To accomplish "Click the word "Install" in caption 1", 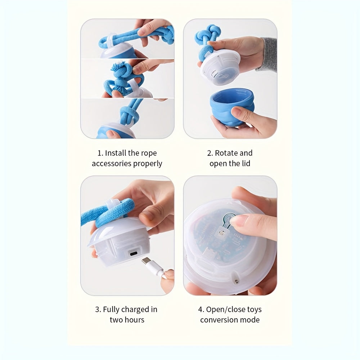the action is pos(116,153).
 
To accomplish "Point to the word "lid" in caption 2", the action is pos(246,163).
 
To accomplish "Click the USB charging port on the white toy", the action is pos(134,254).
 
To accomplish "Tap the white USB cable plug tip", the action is pos(147,261).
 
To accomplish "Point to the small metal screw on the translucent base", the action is pos(235,281).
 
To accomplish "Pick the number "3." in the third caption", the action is pos(98,310).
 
